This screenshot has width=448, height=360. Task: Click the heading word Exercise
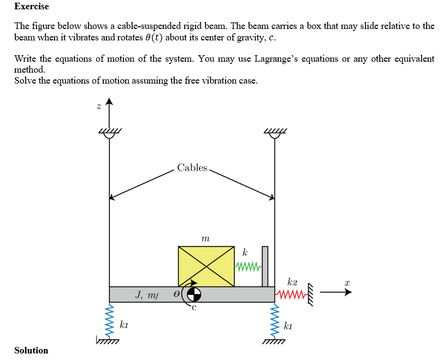pyautogui.click(x=31, y=7)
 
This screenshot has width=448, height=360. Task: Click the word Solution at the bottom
pyautogui.click(x=31, y=350)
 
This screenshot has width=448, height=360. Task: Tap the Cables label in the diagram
pyautogui.click(x=192, y=168)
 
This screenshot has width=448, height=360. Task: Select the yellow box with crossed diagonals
pyautogui.click(x=206, y=266)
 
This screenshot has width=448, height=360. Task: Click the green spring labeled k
pyautogui.click(x=248, y=267)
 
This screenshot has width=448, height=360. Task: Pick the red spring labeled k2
pyautogui.click(x=290, y=296)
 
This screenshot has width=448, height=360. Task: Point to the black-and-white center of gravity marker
pyautogui.click(x=194, y=294)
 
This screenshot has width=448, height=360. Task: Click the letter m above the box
pyautogui.click(x=205, y=238)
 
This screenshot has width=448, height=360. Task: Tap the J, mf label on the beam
pyautogui.click(x=146, y=295)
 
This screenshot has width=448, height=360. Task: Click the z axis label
pyautogui.click(x=98, y=107)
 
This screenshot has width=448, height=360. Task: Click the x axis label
pyautogui.click(x=346, y=282)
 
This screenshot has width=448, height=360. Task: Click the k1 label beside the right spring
pyautogui.click(x=288, y=326)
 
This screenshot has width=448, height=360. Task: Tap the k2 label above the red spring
pyautogui.click(x=292, y=282)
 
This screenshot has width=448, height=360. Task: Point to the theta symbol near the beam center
pyautogui.click(x=176, y=294)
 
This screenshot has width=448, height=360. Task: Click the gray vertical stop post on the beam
pyautogui.click(x=265, y=266)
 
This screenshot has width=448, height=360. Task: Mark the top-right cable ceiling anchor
pyautogui.click(x=274, y=133)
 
